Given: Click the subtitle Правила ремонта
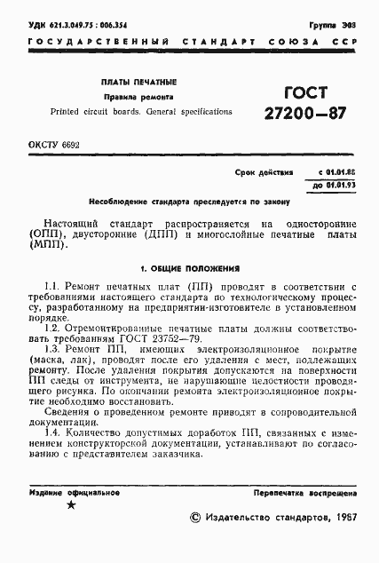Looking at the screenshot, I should click(138, 96).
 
